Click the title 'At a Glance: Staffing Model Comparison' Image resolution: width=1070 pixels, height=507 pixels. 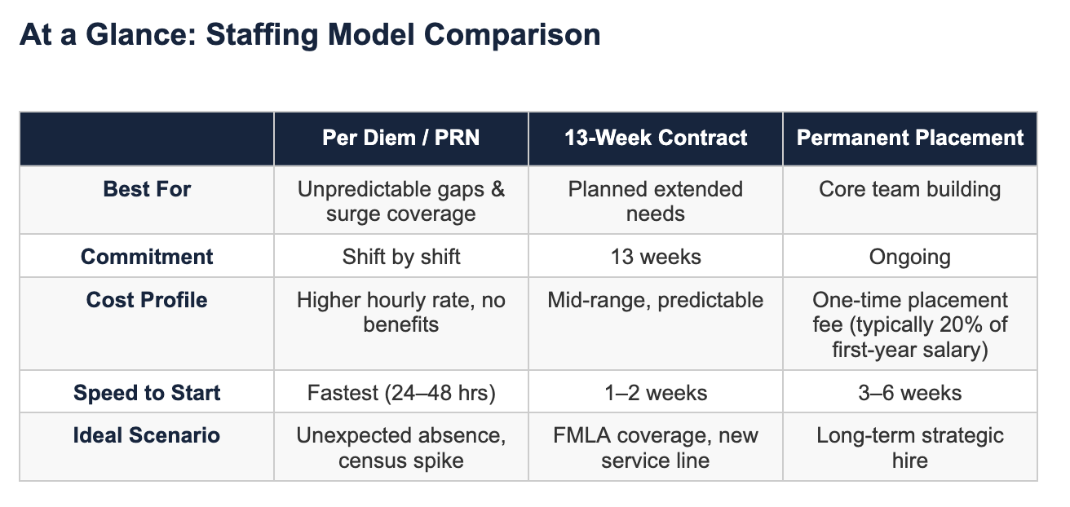(309, 35)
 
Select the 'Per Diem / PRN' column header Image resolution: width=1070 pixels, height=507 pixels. (400, 138)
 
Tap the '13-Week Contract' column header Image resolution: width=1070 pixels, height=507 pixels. (656, 138)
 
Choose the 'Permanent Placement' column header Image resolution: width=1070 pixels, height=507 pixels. (909, 138)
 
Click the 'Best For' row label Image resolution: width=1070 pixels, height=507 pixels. (147, 190)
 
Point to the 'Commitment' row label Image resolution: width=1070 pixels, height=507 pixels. (147, 257)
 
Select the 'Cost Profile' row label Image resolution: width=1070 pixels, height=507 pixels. (147, 300)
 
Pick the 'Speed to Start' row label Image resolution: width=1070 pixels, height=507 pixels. (147, 393)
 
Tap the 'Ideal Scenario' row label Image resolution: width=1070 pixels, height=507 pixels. (147, 435)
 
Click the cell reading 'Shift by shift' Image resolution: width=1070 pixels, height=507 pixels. (400, 257)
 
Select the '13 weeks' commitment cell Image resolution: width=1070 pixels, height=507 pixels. (656, 257)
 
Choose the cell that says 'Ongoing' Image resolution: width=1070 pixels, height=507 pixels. (909, 257)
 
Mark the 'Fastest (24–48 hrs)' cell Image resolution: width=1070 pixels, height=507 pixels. (400, 393)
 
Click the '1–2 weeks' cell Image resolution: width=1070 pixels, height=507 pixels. (656, 393)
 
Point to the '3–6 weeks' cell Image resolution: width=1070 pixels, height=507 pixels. (909, 393)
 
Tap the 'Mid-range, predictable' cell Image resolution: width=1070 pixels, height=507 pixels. (656, 300)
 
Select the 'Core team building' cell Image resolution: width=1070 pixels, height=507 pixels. (909, 190)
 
